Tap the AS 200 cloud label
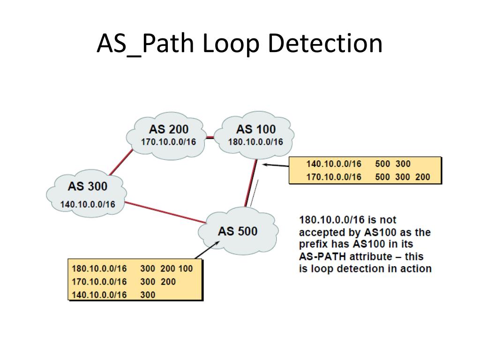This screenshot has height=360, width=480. (169, 129)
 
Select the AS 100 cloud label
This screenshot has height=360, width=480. (255, 129)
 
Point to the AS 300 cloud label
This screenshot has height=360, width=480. (87, 186)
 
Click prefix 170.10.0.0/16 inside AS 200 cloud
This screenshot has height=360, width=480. (169, 142)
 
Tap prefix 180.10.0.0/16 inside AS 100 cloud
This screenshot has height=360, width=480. (255, 142)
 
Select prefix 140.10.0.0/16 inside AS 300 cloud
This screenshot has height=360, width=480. (88, 204)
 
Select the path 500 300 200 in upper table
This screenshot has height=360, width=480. (402, 177)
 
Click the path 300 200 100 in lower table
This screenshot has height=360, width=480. (166, 269)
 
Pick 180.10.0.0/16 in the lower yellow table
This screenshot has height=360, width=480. (99, 269)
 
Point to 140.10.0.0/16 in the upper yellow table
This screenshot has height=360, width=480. (334, 164)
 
